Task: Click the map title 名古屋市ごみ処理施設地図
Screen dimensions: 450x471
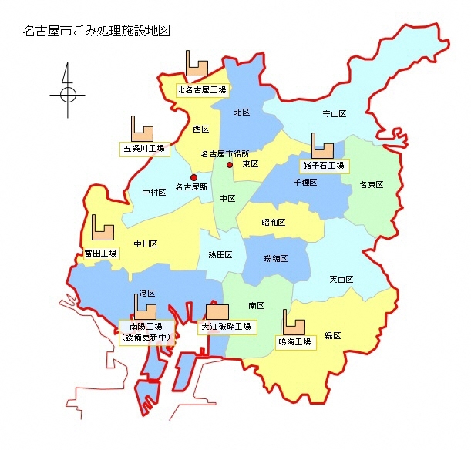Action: (x=96, y=32)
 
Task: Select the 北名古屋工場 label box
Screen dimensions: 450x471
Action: (x=201, y=89)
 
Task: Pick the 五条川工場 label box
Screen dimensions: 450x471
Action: (x=144, y=148)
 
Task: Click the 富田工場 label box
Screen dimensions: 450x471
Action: (x=101, y=253)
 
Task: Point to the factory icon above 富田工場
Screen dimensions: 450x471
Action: (x=103, y=228)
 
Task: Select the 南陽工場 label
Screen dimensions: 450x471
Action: (x=146, y=326)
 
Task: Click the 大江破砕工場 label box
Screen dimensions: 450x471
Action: (x=227, y=327)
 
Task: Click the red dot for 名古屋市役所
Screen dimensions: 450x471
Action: (x=229, y=165)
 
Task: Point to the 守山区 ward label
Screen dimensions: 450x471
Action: (x=334, y=114)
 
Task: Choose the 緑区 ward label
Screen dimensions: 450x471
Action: (x=333, y=335)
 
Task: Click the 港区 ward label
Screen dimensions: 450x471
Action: (x=146, y=294)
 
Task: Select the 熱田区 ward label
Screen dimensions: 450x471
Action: (x=220, y=254)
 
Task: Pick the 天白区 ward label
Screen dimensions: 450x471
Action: (x=341, y=279)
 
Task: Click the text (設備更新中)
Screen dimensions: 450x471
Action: (x=146, y=337)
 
